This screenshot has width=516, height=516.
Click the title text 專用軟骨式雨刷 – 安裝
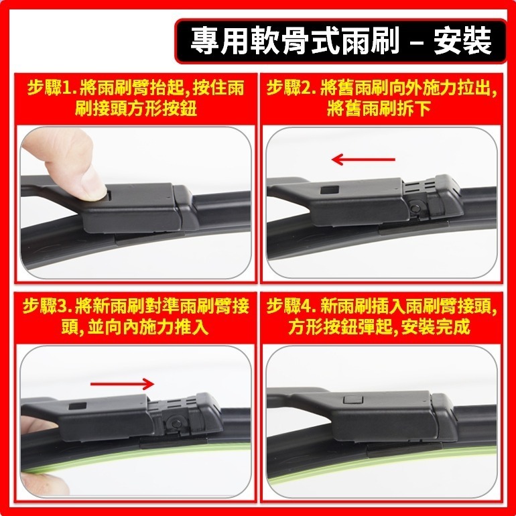coord(341,41)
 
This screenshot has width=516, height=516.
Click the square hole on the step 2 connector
coord(329,190)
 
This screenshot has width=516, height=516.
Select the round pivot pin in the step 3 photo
coord(177,423)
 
